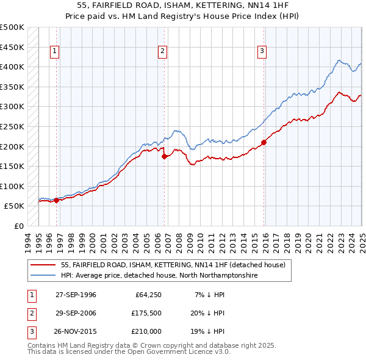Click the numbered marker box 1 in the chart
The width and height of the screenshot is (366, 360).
click(55, 52)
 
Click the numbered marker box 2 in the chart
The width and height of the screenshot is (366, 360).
click(163, 52)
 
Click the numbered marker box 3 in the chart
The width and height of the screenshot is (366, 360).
click(261, 52)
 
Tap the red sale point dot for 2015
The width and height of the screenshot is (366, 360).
click(264, 143)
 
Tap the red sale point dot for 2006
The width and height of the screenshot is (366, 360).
click(165, 156)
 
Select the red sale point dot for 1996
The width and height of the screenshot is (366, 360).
click(56, 200)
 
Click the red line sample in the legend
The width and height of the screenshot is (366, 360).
click(43, 265)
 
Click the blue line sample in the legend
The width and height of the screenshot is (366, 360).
click(43, 276)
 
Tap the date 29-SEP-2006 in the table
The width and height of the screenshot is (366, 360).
click(76, 313)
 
